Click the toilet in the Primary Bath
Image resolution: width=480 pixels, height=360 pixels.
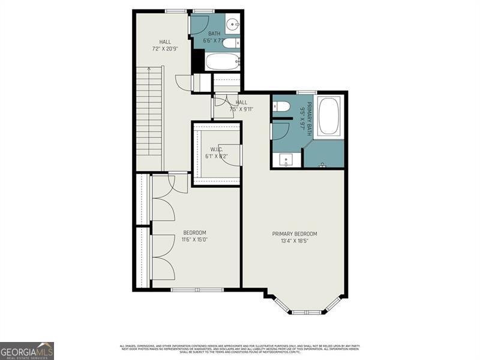281,107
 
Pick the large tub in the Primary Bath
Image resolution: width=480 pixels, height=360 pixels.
329,116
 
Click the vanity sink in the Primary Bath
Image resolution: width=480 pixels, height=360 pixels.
287,160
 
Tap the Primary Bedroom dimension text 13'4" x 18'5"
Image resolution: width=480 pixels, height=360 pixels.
295,242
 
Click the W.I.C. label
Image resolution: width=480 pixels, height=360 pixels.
217,149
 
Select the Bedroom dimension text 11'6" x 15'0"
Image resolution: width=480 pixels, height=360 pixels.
195,240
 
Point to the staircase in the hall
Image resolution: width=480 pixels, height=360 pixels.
149,117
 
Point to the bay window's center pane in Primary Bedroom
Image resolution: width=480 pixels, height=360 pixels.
306,311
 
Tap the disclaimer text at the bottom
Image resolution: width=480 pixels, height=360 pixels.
240,347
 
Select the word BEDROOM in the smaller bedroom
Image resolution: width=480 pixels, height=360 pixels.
195,233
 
